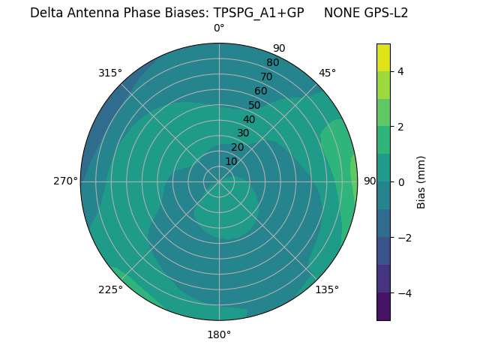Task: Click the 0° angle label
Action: point(219,28)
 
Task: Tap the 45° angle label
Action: point(327,73)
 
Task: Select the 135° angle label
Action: point(327,289)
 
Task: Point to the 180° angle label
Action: point(219,334)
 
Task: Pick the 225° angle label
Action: point(110,289)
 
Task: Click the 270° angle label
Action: point(66,181)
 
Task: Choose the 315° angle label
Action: point(110,73)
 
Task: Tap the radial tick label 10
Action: point(231,161)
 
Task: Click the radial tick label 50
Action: point(255,106)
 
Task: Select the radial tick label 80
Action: point(272,63)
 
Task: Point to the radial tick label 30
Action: point(243,133)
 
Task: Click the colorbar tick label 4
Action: point(400,71)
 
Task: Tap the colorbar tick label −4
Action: point(403,292)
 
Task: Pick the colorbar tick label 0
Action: point(400,181)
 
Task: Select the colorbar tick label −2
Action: point(403,238)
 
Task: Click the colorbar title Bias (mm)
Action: point(421,181)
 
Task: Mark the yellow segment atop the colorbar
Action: point(383,57)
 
